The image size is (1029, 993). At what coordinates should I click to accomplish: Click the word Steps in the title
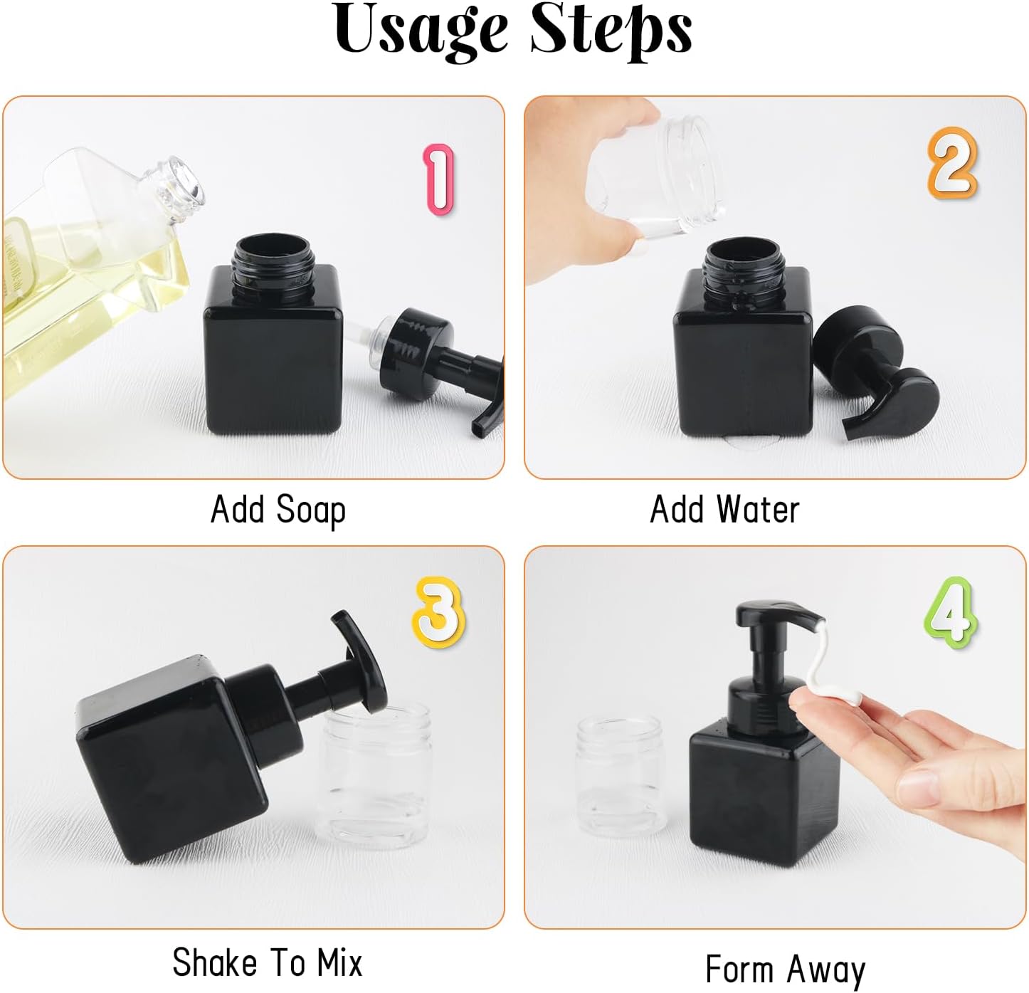[x=611, y=30]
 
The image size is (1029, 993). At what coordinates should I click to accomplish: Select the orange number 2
[x=952, y=163]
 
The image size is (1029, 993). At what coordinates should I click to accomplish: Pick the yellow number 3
[x=437, y=613]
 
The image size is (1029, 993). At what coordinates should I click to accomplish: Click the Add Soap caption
[x=278, y=510]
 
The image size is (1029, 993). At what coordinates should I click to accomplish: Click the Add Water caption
[x=724, y=510]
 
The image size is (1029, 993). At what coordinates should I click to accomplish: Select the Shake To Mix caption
[x=268, y=963]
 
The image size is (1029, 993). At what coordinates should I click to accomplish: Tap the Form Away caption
[x=786, y=969]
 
